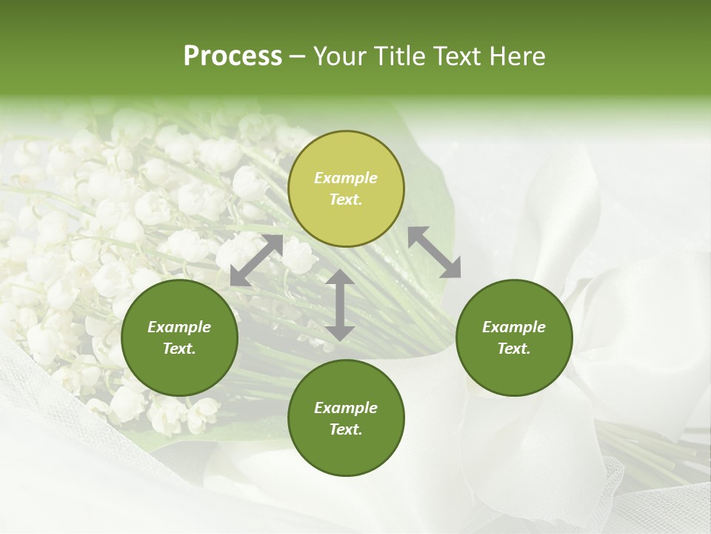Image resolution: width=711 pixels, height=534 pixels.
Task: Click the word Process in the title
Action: tap(233, 56)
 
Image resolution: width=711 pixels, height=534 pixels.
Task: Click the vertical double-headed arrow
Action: tap(340, 305)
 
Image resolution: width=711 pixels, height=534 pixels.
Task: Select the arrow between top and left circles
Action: tap(256, 260)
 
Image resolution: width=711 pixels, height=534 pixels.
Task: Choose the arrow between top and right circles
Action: tap(435, 252)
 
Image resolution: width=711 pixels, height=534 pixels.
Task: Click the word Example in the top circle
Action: tap(346, 178)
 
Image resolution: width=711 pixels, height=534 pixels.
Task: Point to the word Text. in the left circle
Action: tap(179, 349)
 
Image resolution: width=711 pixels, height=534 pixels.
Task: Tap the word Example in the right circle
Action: tap(514, 327)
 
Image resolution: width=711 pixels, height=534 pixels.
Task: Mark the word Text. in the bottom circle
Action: tap(346, 429)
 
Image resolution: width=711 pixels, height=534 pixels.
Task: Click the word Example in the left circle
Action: tap(179, 327)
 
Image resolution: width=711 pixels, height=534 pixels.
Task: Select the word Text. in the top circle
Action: tap(346, 200)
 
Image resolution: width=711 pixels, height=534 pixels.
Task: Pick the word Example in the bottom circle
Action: tap(346, 408)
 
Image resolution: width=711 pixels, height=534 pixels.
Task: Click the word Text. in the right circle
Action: tap(514, 349)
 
